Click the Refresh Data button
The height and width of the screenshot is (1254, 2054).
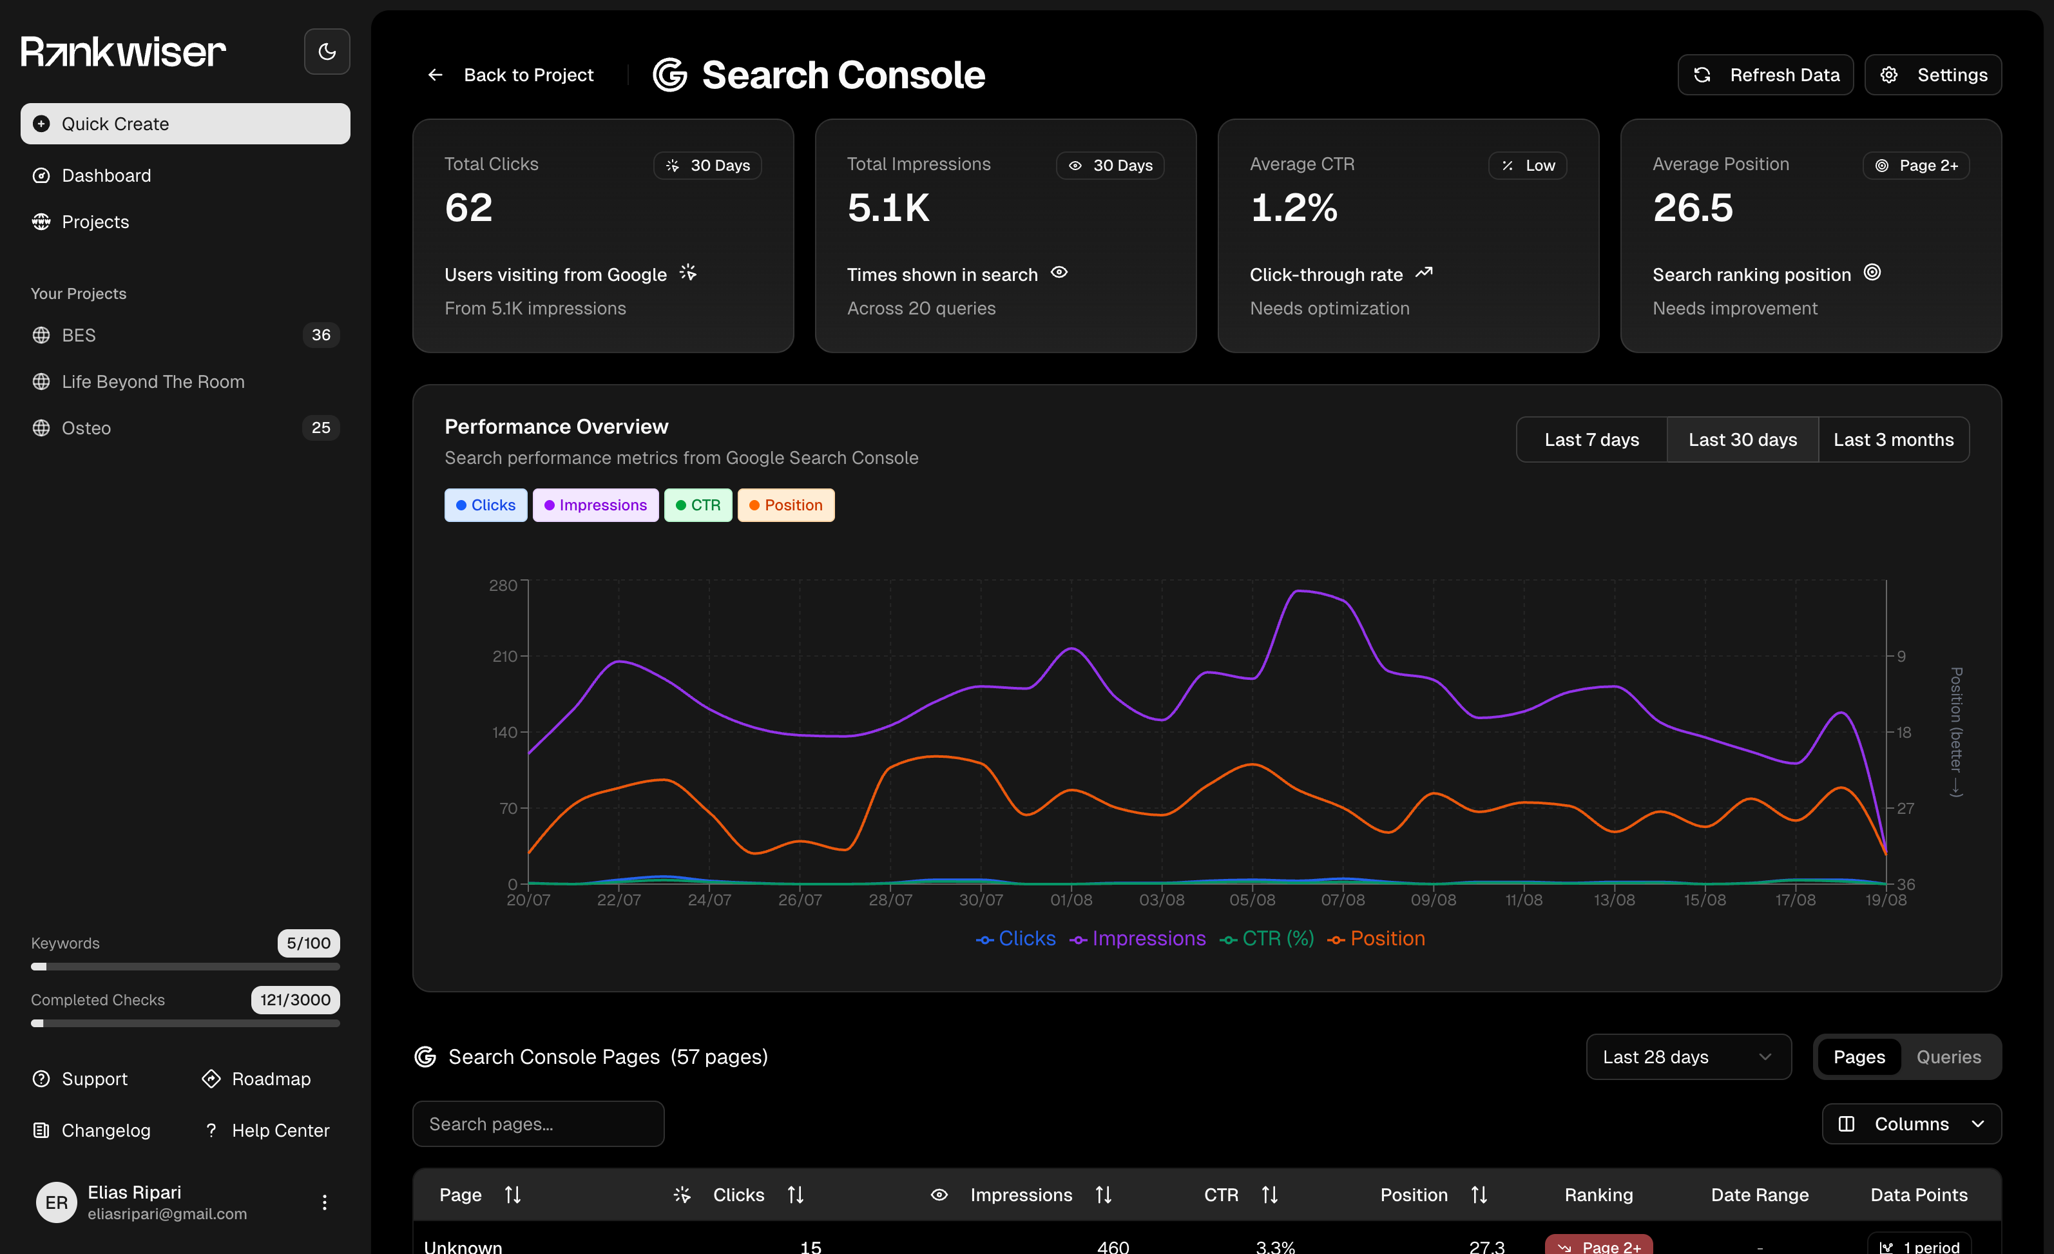tap(1765, 75)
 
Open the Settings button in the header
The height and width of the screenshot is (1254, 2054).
tap(1932, 75)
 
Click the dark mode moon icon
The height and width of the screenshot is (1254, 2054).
tap(327, 52)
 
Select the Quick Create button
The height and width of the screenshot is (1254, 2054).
tap(185, 123)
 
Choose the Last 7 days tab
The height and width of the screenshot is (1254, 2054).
tap(1591, 439)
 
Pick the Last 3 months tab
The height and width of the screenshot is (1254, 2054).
tap(1892, 439)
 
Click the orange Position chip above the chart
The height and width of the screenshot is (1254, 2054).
tap(785, 505)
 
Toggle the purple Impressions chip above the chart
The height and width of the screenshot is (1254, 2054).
tap(595, 505)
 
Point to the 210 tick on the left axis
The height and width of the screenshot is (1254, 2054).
tap(504, 656)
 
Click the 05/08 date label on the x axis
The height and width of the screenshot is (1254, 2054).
tap(1251, 900)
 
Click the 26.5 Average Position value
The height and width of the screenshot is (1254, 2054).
tap(1692, 207)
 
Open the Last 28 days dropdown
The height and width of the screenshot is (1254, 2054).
tap(1687, 1056)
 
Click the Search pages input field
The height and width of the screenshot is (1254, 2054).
tap(538, 1124)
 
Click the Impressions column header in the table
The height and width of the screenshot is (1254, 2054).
tap(1021, 1195)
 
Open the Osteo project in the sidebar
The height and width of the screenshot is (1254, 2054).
tap(87, 428)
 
